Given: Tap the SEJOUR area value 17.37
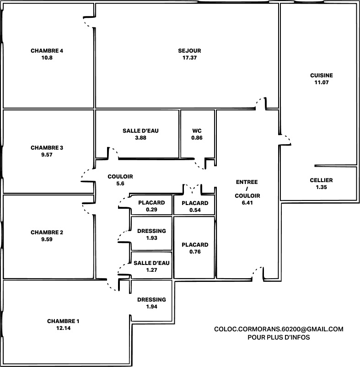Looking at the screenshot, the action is (189, 58).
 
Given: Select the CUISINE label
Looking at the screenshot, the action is (322, 76).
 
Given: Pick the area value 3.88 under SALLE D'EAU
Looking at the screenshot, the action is (140, 138).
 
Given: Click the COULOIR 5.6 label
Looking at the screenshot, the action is (120, 180).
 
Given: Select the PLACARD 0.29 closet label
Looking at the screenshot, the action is (151, 206).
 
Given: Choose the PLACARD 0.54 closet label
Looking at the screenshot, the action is (195, 206).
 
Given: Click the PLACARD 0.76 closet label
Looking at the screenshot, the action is (195, 248).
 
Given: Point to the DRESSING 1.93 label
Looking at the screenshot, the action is (151, 234).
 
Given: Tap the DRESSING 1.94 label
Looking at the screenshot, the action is (151, 303).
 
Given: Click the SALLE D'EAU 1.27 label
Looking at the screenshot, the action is (151, 266).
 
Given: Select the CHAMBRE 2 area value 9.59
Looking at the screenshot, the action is (47, 239).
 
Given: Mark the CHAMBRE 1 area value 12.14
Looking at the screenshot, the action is (63, 328).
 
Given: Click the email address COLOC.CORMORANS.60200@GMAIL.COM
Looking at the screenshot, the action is (279, 329).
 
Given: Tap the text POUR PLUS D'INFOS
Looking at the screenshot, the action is (279, 337).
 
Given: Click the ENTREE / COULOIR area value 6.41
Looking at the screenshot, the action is (247, 203).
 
